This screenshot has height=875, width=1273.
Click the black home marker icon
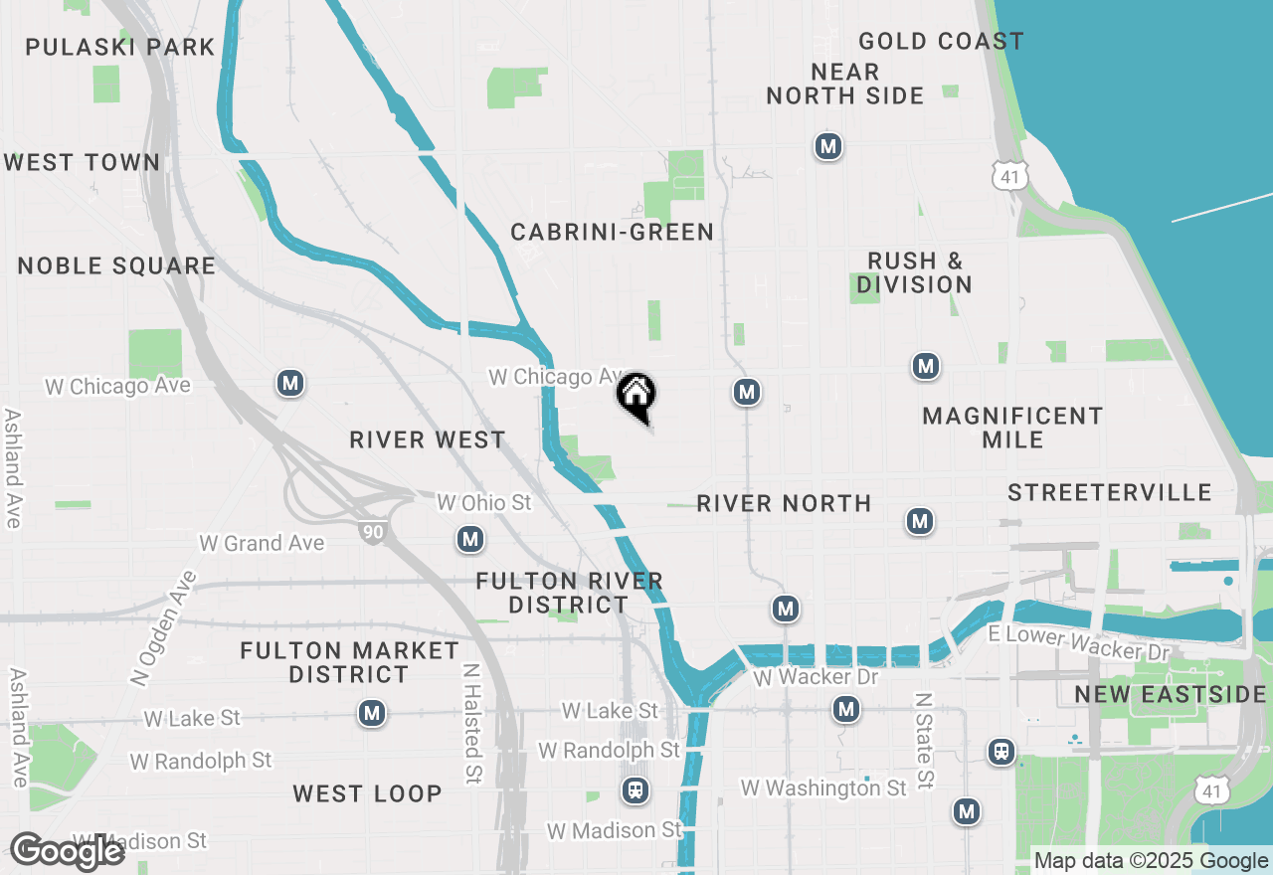pos(636,396)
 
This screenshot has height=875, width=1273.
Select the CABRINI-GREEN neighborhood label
pos(612,232)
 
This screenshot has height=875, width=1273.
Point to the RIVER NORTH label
pos(784,503)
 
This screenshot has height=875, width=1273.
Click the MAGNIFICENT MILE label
pos(1012,428)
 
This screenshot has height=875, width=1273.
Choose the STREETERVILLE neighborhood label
pos(1109,492)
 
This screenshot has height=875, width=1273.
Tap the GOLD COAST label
pos(940,41)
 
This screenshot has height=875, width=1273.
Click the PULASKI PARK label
pos(119,47)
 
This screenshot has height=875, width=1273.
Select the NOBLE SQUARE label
pos(116,265)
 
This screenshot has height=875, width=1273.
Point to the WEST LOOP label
pos(367,793)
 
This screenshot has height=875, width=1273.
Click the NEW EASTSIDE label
pos(1171,694)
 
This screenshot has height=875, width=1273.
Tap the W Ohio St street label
pos(484,503)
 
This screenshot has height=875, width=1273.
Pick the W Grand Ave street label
pos(262,543)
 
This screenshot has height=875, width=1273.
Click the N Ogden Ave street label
pos(164,628)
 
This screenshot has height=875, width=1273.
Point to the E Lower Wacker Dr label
pos(1078,643)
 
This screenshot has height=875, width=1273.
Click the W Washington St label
pos(823,788)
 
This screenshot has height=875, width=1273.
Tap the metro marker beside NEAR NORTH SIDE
pos(827,147)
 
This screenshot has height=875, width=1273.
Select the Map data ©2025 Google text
pos(1151,861)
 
